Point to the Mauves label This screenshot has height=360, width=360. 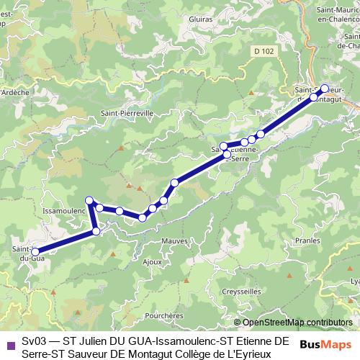[174, 240]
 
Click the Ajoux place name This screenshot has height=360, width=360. [152, 261]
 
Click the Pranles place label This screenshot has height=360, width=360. [307, 242]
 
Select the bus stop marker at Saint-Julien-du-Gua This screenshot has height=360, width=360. [35, 252]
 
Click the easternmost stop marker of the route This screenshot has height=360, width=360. [325, 89]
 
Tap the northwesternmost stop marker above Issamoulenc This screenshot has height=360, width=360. [89, 200]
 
